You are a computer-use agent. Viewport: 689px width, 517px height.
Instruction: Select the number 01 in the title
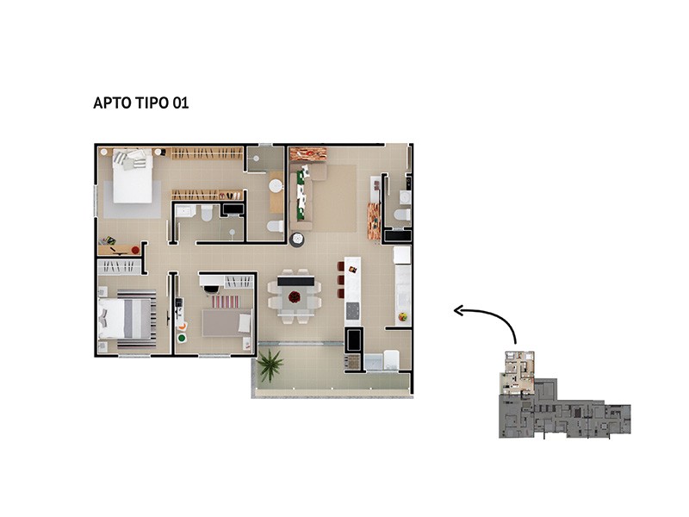pyautogui.click(x=181, y=103)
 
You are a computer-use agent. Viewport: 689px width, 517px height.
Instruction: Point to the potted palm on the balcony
pyautogui.click(x=270, y=365)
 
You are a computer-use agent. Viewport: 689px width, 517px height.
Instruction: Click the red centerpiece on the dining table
pyautogui.click(x=295, y=297)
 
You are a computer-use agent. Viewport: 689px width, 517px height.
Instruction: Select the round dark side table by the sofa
pyautogui.click(x=297, y=240)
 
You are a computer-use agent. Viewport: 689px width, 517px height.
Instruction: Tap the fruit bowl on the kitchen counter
pyautogui.click(x=402, y=316)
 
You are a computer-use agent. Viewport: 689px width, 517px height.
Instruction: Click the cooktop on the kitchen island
pyautogui.click(x=352, y=311)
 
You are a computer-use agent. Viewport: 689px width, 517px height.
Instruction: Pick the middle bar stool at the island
pyautogui.click(x=340, y=279)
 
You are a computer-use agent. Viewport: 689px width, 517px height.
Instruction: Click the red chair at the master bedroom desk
pyautogui.click(x=135, y=250)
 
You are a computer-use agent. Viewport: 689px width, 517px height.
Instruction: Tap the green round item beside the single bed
pyautogui.click(x=182, y=338)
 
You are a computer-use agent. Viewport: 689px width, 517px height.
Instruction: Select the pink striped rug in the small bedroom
pyautogui.click(x=226, y=302)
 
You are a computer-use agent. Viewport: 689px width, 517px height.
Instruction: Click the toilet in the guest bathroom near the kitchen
pyautogui.click(x=402, y=215)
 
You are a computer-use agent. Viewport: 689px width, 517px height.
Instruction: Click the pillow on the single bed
pyautogui.click(x=245, y=323)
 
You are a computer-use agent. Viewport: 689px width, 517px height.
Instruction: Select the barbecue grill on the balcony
pyautogui.click(x=352, y=362)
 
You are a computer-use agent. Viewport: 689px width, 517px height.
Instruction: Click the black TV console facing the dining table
pyautogui.click(x=295, y=281)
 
